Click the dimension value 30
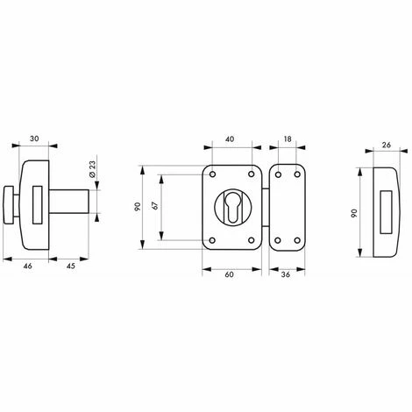click(34, 139)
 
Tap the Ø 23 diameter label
click(92, 169)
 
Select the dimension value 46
click(28, 266)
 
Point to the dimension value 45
click(71, 266)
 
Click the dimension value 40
click(230, 139)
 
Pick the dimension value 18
click(288, 139)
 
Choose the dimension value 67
click(155, 205)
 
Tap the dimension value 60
click(230, 274)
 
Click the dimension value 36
click(286, 274)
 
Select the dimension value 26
click(387, 145)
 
